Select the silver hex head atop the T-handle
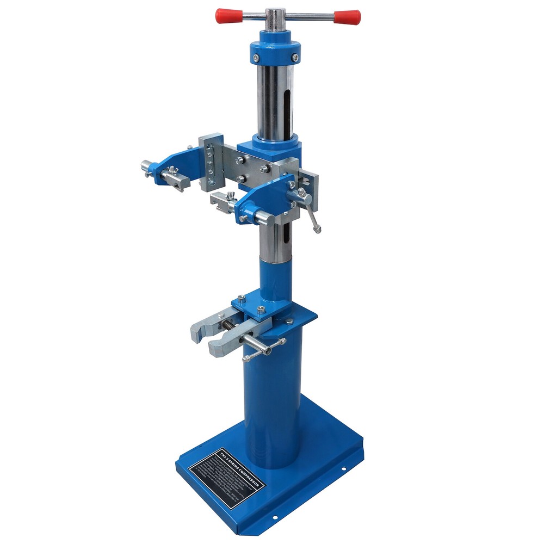coord(275,13)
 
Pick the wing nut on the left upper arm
coord(172,171)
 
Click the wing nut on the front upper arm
coord(232,195)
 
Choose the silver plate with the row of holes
coord(211,162)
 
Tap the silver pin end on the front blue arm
coord(265,219)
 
